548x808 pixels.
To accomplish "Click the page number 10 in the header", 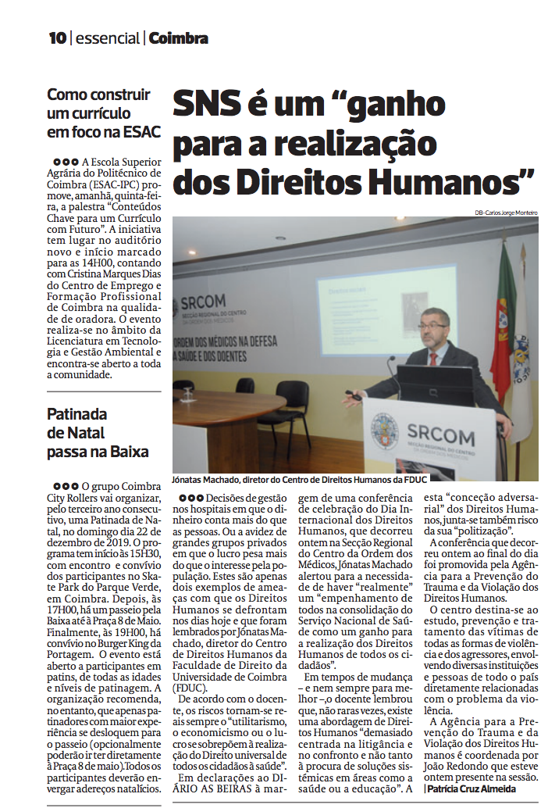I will click(57, 38).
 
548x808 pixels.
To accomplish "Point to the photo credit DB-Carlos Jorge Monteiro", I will click(505, 213).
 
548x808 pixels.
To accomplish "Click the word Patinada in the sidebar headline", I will click(77, 414).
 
